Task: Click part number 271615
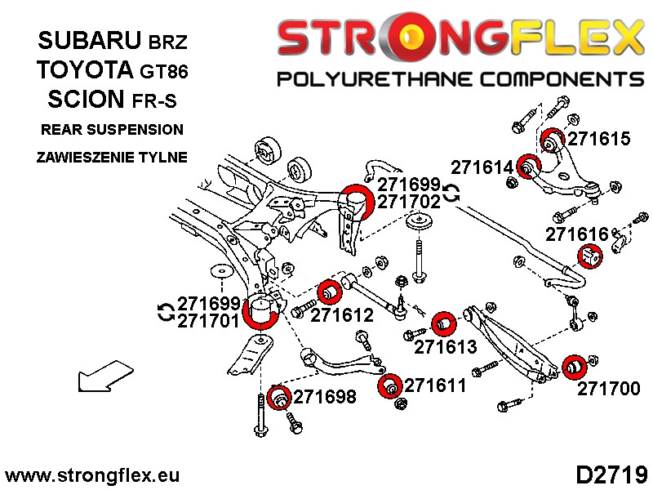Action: tap(599, 139)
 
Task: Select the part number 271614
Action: tap(482, 168)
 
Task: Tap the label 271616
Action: tap(577, 234)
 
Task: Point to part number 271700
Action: tap(609, 389)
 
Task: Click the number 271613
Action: tap(445, 347)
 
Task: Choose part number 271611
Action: tap(435, 385)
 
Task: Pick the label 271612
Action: tap(342, 314)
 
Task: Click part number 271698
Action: tap(325, 398)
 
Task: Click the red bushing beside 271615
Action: tap(553, 142)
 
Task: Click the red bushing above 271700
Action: tap(573, 368)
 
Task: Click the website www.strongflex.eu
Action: tap(92, 475)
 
